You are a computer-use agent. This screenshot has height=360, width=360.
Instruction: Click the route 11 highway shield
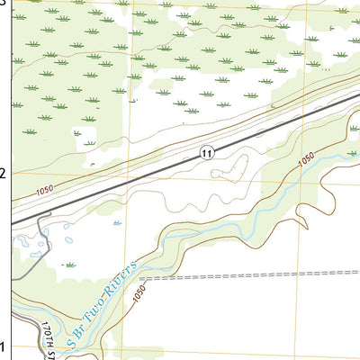[x=207, y=152]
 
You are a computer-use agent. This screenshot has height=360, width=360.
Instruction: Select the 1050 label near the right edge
[x=306, y=158]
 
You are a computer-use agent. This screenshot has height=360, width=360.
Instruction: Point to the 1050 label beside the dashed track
[x=139, y=293]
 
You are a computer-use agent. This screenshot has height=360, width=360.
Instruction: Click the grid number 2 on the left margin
[x=4, y=173]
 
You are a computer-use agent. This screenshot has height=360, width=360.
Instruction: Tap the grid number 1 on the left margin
[x=4, y=347]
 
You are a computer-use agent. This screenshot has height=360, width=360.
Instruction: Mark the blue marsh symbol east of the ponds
[x=117, y=223]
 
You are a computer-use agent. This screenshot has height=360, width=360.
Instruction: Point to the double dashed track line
[x=252, y=275]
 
